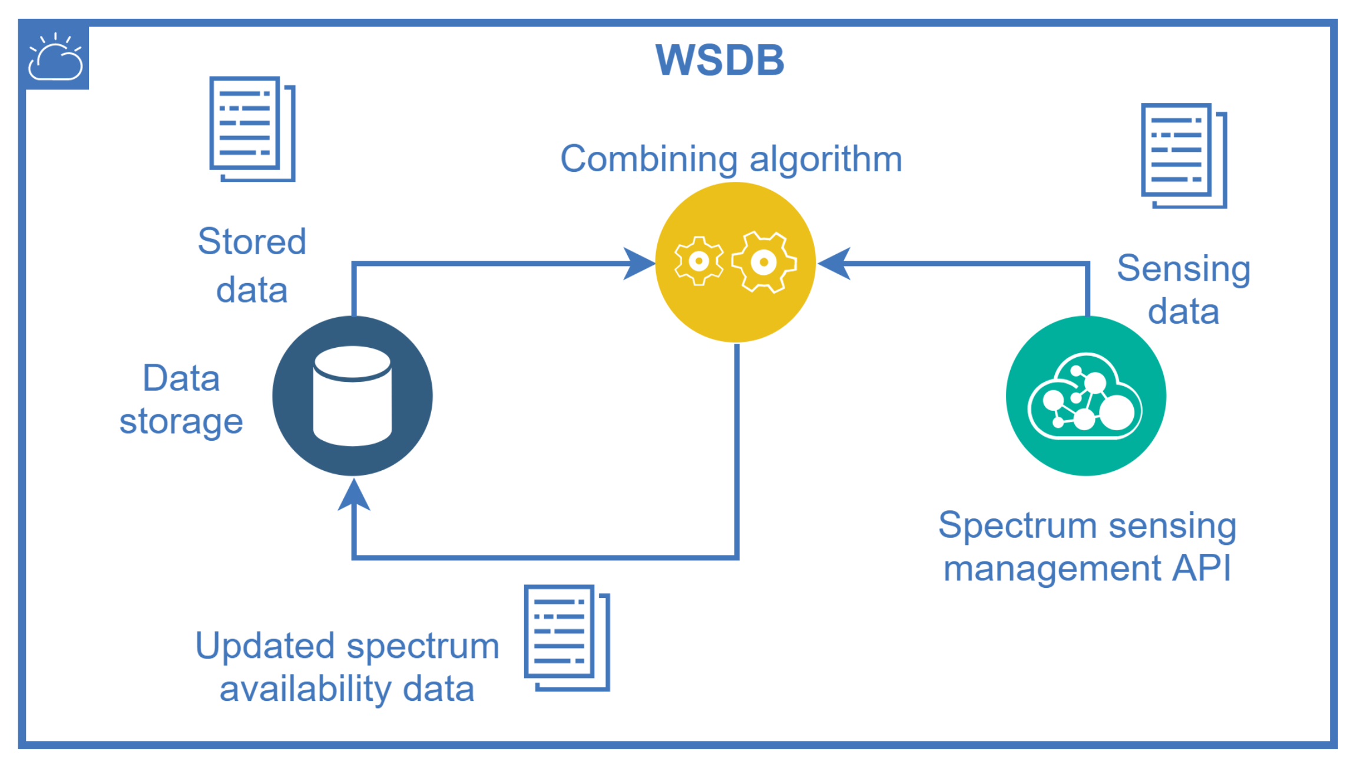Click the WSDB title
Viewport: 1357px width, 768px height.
(720, 60)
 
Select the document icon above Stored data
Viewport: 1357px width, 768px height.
(253, 129)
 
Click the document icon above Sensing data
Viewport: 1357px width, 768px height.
(1184, 155)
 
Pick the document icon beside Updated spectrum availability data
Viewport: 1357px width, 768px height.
(567, 638)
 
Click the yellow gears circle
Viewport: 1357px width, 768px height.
(736, 262)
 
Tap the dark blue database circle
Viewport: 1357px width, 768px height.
(353, 395)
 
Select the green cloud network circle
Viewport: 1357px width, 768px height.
(1086, 395)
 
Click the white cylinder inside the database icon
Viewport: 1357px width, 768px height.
(353, 395)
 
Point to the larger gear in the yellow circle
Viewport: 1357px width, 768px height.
(764, 262)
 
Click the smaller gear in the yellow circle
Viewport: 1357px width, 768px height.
(699, 261)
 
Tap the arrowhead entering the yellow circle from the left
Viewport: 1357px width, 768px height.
(640, 263)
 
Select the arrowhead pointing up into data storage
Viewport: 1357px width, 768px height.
(353, 494)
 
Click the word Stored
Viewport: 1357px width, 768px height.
(252, 241)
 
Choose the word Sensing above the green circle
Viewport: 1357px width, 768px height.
(1184, 269)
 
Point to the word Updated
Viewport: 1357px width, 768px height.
(266, 647)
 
